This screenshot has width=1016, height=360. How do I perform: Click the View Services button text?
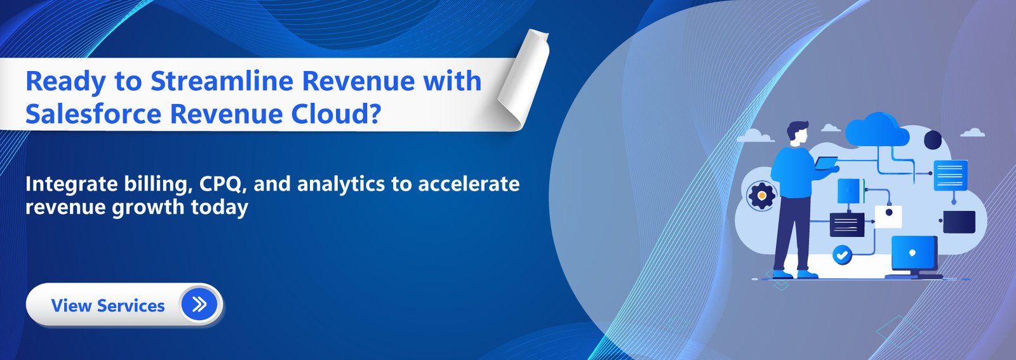point(108,305)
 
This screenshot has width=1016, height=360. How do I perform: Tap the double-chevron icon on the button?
point(199,305)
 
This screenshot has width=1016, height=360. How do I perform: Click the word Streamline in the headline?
point(222,82)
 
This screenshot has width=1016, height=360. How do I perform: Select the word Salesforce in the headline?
point(93,114)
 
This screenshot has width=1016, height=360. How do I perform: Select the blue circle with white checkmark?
point(842,255)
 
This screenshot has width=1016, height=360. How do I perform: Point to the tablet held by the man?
point(827,164)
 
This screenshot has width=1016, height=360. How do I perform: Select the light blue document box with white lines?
point(951,175)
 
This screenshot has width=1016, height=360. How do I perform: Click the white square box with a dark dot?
point(888,216)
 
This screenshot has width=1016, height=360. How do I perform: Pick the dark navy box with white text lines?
point(847,224)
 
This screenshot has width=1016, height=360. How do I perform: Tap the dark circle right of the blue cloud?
point(933,140)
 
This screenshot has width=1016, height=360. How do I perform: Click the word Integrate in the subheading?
point(71,184)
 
